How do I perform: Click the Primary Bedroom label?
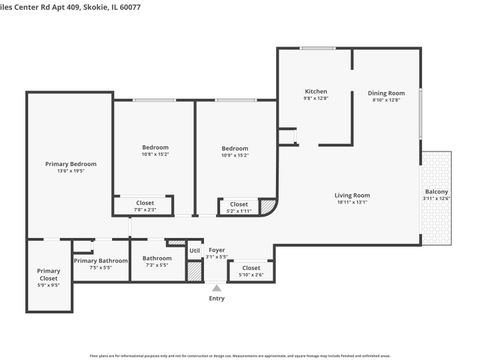click(x=70, y=163)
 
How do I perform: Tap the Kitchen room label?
click(x=316, y=91)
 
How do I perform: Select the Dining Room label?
click(x=385, y=92)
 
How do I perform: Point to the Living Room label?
click(x=352, y=195)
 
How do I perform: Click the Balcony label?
click(x=436, y=191)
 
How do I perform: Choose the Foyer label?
click(x=217, y=250)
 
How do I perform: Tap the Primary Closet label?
click(x=49, y=273)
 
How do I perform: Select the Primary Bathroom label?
click(x=99, y=260)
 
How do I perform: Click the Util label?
click(x=195, y=250)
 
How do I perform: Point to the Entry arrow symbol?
click(x=216, y=288)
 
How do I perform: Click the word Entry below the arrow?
click(x=216, y=298)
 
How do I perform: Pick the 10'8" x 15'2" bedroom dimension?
click(x=155, y=155)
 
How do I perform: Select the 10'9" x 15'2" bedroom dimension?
click(x=235, y=155)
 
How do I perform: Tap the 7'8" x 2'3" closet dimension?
click(x=145, y=210)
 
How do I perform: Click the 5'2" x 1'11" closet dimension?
click(x=239, y=211)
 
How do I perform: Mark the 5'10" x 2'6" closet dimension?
click(x=251, y=275)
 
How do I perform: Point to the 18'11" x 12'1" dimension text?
click(x=352, y=202)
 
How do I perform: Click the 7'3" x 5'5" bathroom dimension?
click(x=157, y=266)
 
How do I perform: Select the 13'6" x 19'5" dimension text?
click(x=70, y=171)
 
